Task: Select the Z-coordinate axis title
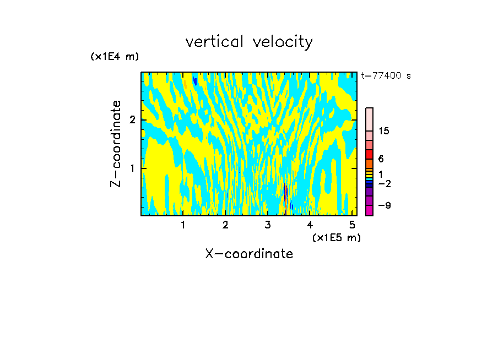coord(116,144)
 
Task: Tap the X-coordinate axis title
coord(249,254)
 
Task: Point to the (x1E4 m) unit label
coord(115,56)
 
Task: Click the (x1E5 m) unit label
coord(336,237)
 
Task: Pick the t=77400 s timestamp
coord(386,76)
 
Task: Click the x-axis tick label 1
coord(183,225)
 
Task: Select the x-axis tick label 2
coord(225,225)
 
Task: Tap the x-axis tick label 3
coord(268,225)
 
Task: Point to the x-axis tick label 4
coord(310,225)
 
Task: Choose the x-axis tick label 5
coord(352,225)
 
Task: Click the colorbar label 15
coord(384,131)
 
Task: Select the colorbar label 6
coord(381,159)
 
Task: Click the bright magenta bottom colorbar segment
coord(369,211)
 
